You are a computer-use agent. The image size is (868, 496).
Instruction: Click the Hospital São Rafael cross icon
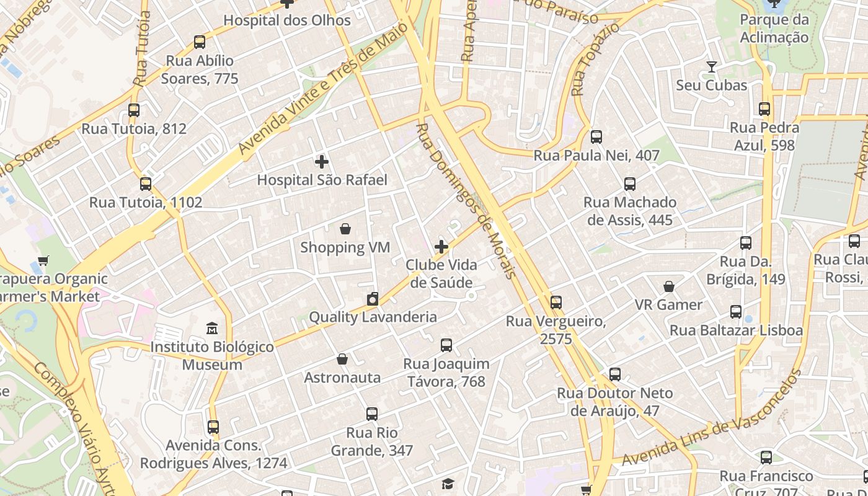[321, 162]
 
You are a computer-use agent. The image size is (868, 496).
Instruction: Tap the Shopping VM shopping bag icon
[345, 229]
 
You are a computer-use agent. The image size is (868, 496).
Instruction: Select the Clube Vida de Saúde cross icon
[441, 247]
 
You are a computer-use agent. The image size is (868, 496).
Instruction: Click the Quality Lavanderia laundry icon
[372, 299]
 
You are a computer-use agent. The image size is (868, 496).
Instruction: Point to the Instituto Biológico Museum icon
[212, 328]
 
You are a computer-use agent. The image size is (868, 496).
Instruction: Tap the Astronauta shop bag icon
[342, 359]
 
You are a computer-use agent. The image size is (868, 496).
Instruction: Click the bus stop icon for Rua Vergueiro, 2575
[556, 303]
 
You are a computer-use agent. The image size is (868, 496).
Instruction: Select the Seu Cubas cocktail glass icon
[711, 67]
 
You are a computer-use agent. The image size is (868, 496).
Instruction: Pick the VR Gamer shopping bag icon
[669, 286]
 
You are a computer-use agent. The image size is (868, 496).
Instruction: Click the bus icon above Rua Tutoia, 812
[134, 110]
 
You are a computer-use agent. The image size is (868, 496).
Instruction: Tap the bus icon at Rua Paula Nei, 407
[596, 137]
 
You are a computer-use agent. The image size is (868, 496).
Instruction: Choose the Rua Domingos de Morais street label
[465, 200]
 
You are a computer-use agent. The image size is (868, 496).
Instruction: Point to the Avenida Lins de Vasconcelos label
[712, 418]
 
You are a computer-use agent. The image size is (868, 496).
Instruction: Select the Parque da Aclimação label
[774, 29]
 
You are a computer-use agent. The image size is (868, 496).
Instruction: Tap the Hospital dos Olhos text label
[287, 20]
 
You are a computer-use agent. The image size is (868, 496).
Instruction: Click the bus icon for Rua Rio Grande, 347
[372, 414]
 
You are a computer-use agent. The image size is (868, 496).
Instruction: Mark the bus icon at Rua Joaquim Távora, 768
[446, 345]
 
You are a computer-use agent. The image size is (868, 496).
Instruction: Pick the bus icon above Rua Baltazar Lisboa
[736, 312]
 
